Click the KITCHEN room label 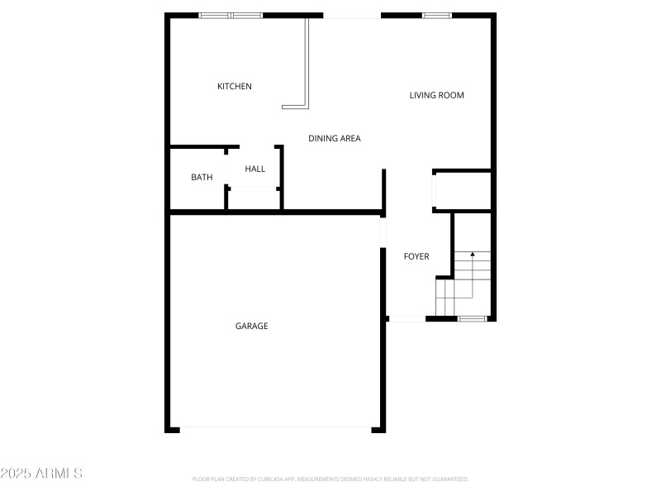pyautogui.click(x=235, y=87)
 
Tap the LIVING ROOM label pyautogui.click(x=436, y=95)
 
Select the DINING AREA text pyautogui.click(x=335, y=139)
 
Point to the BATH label pyautogui.click(x=202, y=177)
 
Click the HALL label pyautogui.click(x=255, y=169)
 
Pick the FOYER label pyautogui.click(x=416, y=257)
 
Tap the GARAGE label pyautogui.click(x=252, y=327)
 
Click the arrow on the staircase pyautogui.click(x=472, y=256)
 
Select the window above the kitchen pyautogui.click(x=231, y=15)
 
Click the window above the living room pyautogui.click(x=436, y=15)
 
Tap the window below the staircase pyautogui.click(x=472, y=317)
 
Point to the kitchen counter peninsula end pyautogui.click(x=294, y=106)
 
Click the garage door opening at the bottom pyautogui.click(x=276, y=428)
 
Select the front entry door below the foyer pyautogui.click(x=407, y=318)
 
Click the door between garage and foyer pyautogui.click(x=383, y=232)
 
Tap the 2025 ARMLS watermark pyautogui.click(x=41, y=474)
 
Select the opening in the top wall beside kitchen pyautogui.click(x=351, y=15)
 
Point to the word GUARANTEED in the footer pyautogui.click(x=449, y=479)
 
